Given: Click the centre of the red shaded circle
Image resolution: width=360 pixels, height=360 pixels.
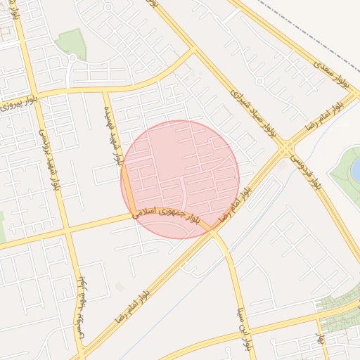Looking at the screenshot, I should coord(180,179).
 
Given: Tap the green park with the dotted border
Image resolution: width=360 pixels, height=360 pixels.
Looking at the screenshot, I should coord(70,44).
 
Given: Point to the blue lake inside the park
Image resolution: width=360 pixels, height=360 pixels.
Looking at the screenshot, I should coord(356,169).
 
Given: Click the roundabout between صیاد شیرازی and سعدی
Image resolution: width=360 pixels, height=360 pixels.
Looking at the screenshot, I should coord(259,81).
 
